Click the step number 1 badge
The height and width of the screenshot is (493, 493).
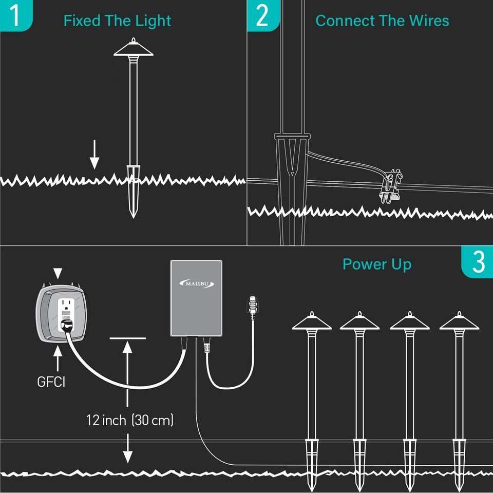click(15, 15)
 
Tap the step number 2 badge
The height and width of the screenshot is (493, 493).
click(262, 15)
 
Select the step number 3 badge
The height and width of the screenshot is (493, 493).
click(478, 262)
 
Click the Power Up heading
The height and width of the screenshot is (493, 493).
click(376, 264)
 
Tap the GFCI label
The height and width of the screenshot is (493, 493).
click(51, 382)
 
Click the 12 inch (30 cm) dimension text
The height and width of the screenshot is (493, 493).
click(130, 420)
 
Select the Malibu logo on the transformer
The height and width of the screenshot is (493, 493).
click(197, 283)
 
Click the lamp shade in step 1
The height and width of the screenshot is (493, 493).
click(134, 49)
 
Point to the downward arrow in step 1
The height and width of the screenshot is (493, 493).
click(94, 157)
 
